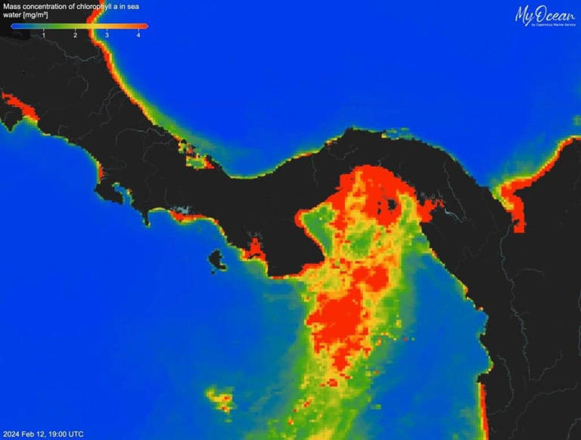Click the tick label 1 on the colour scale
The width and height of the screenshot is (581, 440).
click(x=44, y=36)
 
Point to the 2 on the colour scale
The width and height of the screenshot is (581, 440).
click(x=76, y=36)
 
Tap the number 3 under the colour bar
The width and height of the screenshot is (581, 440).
click(x=107, y=36)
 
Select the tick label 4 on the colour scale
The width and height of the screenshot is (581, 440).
click(x=138, y=36)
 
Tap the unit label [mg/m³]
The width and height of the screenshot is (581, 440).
click(x=39, y=15)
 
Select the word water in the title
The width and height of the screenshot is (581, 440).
click(x=12, y=15)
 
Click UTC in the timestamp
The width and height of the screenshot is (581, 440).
click(x=76, y=434)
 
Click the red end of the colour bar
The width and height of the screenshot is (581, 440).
click(x=144, y=26)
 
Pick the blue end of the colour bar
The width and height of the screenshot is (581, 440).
click(x=14, y=26)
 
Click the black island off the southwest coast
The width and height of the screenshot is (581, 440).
click(x=218, y=261)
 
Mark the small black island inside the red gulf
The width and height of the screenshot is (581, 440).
click(x=390, y=203)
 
